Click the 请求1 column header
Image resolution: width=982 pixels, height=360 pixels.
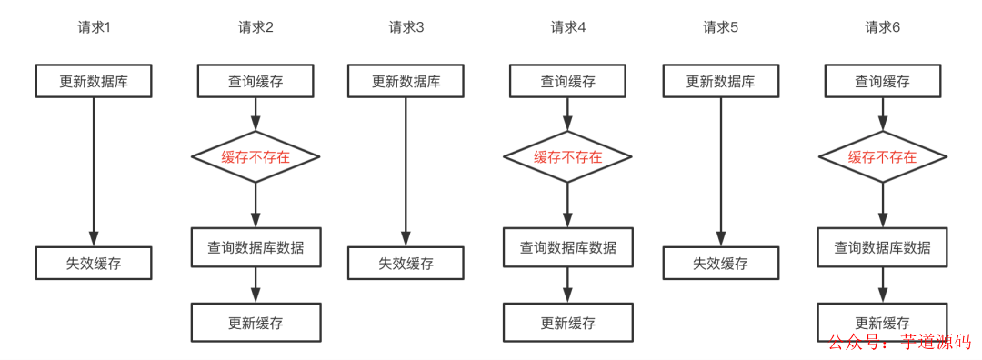(94, 27)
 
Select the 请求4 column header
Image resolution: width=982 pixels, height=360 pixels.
(568, 27)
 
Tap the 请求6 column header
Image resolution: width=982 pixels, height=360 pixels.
(882, 27)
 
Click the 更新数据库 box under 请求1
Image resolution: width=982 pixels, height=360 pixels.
(94, 81)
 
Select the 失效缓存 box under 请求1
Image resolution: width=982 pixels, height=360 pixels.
(94, 264)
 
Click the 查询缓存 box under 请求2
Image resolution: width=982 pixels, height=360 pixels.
(256, 81)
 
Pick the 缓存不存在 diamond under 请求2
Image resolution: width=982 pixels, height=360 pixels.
(256, 156)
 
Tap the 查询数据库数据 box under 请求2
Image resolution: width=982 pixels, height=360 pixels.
(256, 247)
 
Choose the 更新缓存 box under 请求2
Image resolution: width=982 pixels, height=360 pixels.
(256, 323)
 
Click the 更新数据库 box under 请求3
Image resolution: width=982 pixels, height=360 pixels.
(406, 81)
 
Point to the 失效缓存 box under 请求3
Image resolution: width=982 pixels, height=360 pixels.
(406, 264)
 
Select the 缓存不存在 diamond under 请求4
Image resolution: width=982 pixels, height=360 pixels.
(568, 156)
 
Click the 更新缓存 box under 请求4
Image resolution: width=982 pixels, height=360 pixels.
(568, 323)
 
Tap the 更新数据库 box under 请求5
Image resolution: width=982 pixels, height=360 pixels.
(720, 81)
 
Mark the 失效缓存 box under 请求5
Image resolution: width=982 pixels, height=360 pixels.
(720, 264)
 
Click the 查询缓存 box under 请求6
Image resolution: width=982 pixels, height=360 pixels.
(882, 81)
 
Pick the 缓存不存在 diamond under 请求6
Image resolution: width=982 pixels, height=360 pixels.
(882, 156)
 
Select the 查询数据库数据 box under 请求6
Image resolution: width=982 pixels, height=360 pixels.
(882, 247)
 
